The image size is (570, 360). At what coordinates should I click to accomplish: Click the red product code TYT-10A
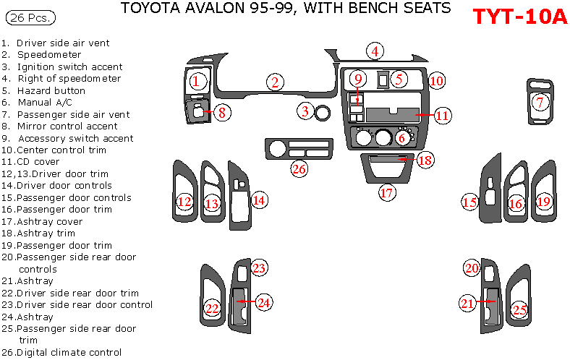point(519,17)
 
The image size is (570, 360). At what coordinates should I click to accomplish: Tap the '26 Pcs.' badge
point(28,16)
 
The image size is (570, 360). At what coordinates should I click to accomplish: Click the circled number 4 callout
point(374,51)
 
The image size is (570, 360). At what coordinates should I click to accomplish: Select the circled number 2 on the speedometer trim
point(273,82)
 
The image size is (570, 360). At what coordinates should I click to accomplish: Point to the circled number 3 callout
point(306,111)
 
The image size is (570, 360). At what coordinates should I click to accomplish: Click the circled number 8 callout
point(222,112)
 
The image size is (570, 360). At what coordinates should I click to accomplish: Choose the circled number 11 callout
point(442,114)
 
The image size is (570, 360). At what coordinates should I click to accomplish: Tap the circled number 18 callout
point(425,160)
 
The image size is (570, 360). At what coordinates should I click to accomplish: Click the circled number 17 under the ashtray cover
point(387,193)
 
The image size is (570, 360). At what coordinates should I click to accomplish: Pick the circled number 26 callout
point(299,169)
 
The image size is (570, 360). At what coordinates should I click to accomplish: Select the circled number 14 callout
point(259,200)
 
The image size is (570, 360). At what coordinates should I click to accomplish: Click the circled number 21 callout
point(467,304)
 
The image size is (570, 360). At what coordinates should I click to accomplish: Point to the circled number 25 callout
point(519,310)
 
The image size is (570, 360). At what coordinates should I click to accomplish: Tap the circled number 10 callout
point(436,81)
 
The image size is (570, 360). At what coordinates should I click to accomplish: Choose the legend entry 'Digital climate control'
point(61,352)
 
